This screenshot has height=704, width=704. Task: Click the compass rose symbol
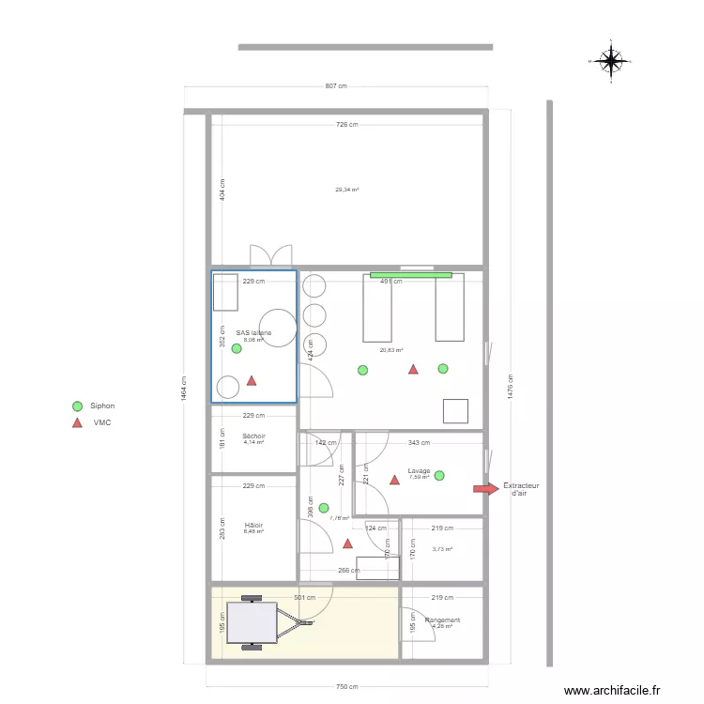point(611,61)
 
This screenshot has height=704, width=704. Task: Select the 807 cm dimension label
point(336,86)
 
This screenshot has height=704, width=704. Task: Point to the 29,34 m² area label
point(347,190)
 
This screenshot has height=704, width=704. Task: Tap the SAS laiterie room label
point(253,333)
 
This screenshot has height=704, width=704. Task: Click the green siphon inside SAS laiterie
point(237,348)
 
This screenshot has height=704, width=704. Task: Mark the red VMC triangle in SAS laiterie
point(251,380)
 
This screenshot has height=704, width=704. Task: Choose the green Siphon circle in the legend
point(77,406)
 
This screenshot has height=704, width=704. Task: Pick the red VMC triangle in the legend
point(77,423)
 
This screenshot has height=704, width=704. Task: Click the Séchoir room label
point(253,436)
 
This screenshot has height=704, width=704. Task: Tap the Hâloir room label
point(253,526)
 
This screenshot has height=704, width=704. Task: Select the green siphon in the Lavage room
point(439,476)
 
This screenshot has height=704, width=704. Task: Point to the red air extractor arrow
point(485,488)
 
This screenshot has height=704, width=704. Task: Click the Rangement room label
point(442,620)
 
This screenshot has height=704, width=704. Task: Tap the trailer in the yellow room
point(255,622)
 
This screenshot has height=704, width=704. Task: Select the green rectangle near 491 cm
point(410,275)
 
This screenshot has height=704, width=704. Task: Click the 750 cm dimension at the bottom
point(346,686)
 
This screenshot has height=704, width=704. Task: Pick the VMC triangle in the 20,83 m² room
point(412,369)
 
